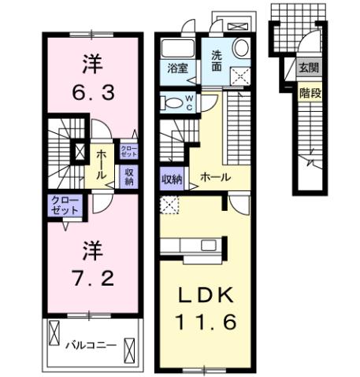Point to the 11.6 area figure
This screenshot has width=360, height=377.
pyautogui.click(x=203, y=322)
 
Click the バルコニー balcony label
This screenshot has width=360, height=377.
pyautogui.click(x=91, y=345)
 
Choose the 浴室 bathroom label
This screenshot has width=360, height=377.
pyautogui.click(x=176, y=68)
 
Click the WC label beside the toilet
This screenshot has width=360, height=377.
pyautogui.click(x=189, y=102)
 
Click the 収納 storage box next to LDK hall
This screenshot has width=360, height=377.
pyautogui.click(x=173, y=179)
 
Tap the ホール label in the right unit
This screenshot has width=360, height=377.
pyautogui.click(x=214, y=178)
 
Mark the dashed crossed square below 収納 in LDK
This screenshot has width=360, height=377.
pyautogui.click(x=168, y=205)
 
